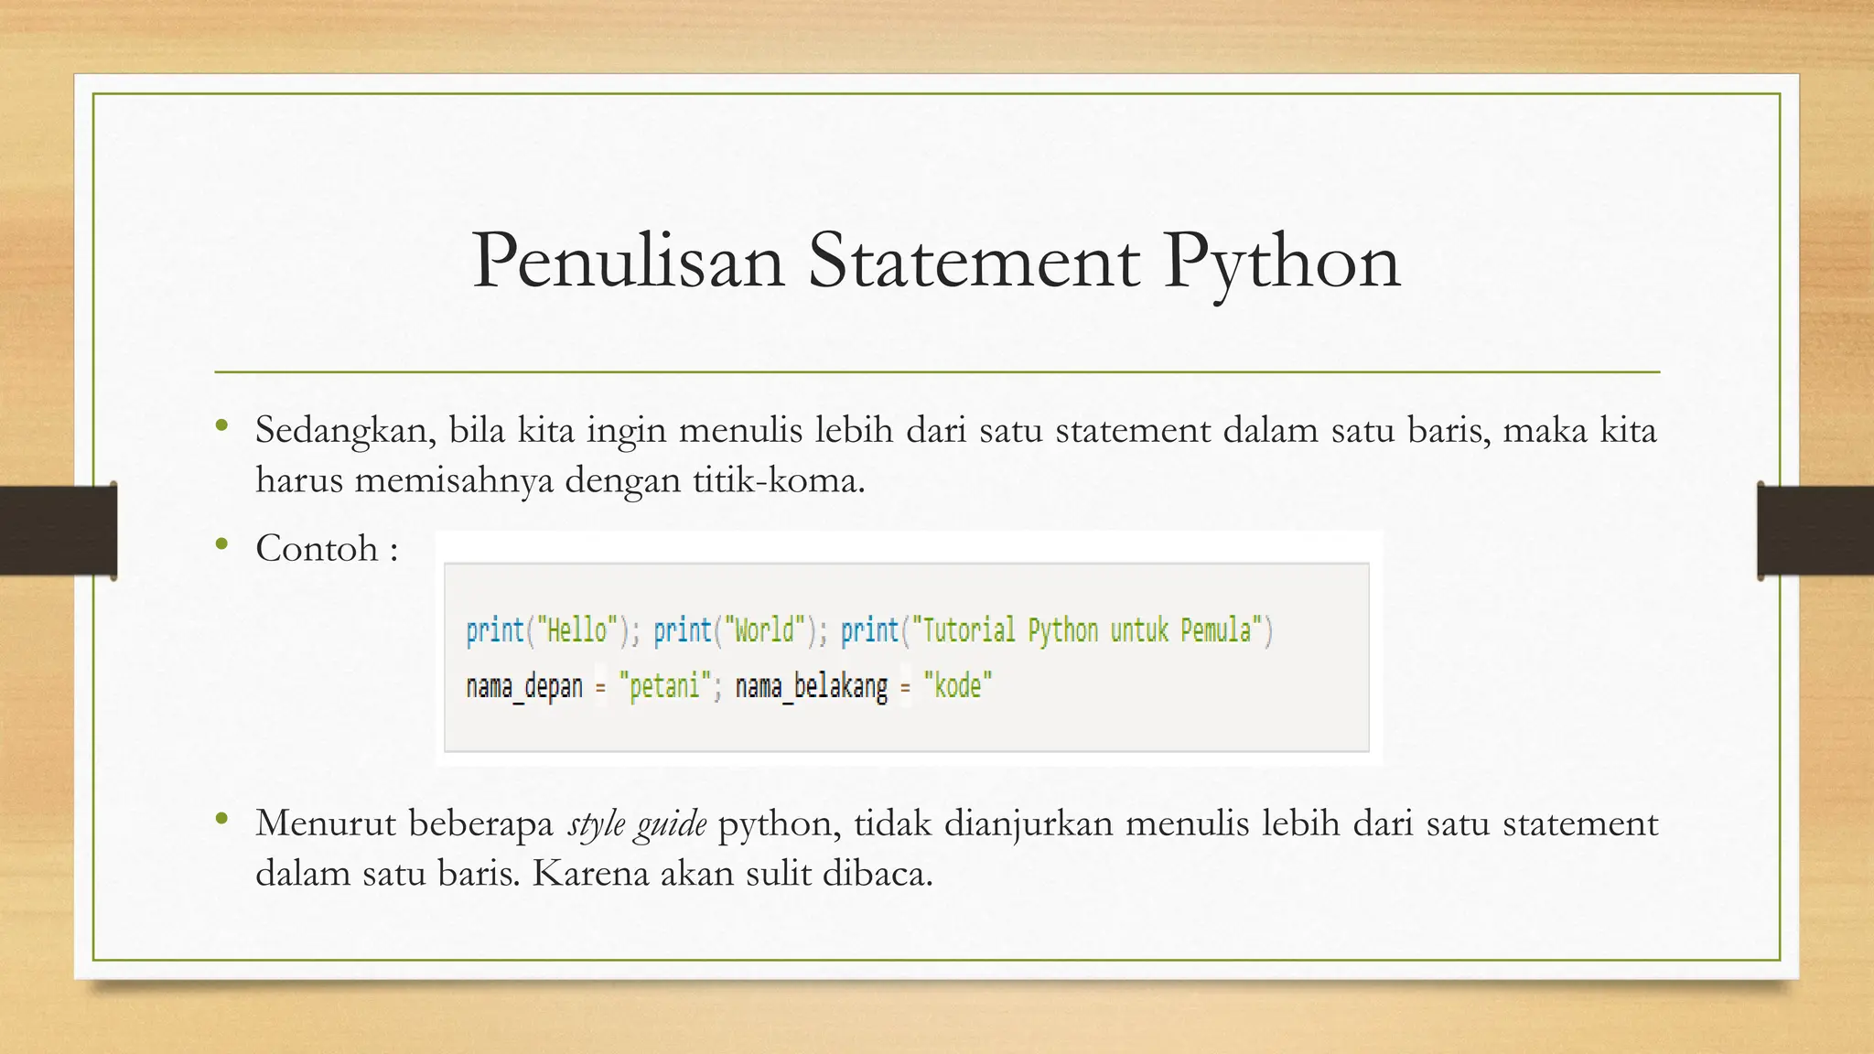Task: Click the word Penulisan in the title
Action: coord(628,262)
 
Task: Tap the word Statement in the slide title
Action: coord(974,262)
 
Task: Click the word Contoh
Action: coord(317,549)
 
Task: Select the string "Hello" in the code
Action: coord(576,630)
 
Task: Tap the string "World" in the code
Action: coord(764,630)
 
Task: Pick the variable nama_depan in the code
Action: coord(524,686)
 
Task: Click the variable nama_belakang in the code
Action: coord(811,686)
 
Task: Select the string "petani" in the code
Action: coord(664,686)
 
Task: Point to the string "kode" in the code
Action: coord(957,686)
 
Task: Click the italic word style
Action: coord(596,824)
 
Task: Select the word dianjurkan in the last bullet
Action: coord(1028,824)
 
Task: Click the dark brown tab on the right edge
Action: coord(1815,531)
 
